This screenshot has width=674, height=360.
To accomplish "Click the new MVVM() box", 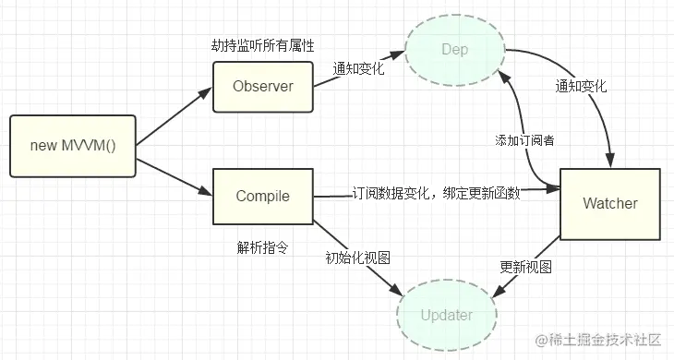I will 73,146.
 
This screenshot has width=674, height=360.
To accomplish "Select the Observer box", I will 263,87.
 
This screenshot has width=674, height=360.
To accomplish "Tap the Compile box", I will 263,196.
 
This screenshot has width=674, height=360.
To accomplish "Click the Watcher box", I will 610,202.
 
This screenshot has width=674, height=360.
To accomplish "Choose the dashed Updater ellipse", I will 447,315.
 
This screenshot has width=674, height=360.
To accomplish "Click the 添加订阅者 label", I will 523,139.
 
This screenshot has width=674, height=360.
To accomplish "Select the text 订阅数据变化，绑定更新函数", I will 436,194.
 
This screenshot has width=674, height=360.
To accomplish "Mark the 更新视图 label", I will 525,267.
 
